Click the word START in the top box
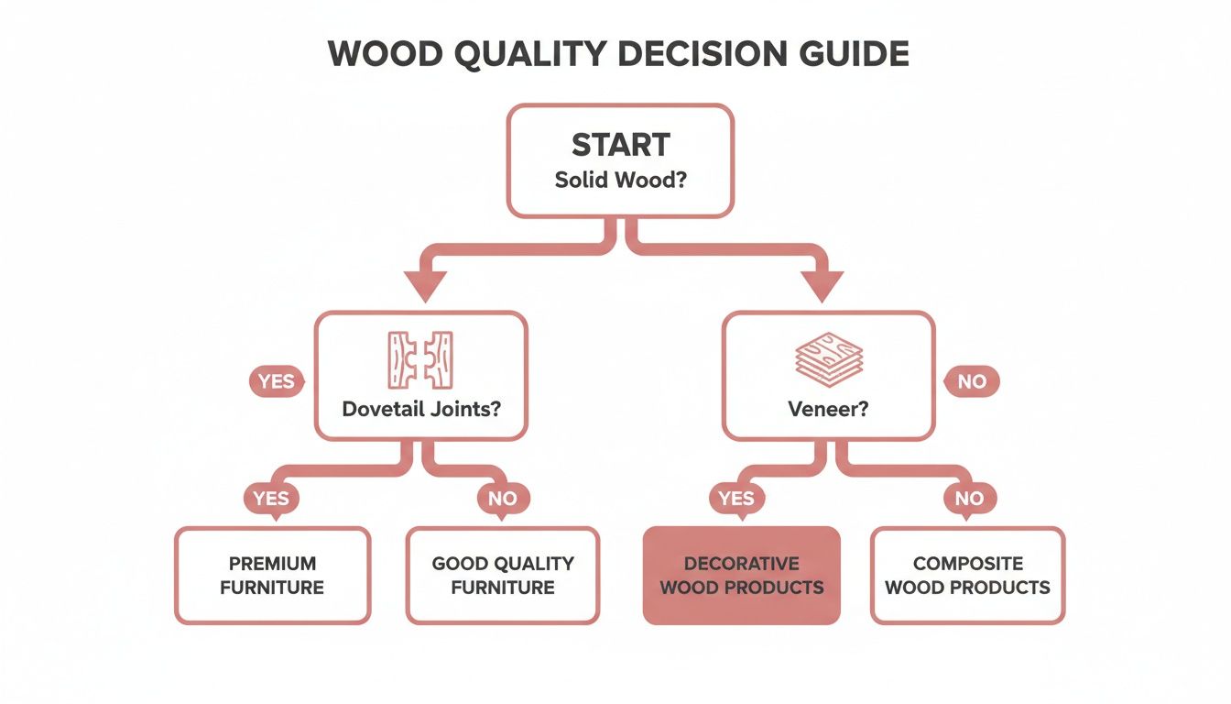click(620, 145)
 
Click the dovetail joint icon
click(420, 359)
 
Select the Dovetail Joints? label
click(420, 408)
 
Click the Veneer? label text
click(828, 408)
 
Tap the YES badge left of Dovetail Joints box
click(276, 381)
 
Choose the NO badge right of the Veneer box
click(971, 381)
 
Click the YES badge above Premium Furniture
click(271, 498)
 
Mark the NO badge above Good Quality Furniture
click(503, 498)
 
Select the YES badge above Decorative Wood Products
click(736, 498)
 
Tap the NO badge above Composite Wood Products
click(969, 498)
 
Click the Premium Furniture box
click(272, 575)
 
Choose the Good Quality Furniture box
click(503, 575)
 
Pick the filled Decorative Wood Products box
click(741, 575)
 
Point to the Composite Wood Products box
click(967, 575)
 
